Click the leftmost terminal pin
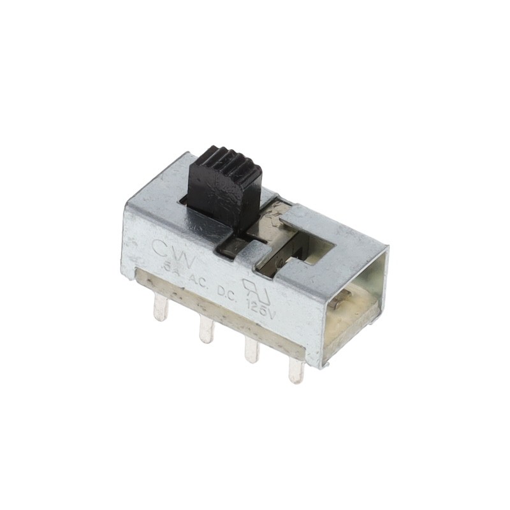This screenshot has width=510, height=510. pos(160,309)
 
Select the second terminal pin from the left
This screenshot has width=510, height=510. pos(206,330)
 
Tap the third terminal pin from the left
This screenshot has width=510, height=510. pos(252,351)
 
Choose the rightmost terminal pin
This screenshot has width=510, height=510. pos(296,370)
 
